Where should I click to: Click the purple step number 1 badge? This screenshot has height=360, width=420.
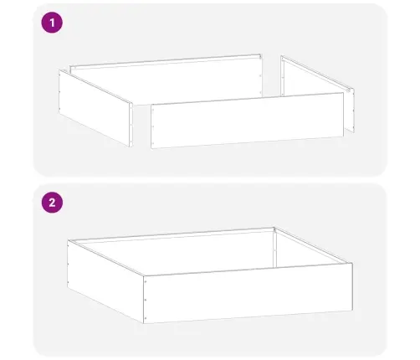[52, 23]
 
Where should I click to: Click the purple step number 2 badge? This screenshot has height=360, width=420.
[52, 202]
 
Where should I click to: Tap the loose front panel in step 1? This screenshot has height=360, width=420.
[247, 121]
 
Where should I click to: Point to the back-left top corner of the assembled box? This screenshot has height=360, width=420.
[69, 240]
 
